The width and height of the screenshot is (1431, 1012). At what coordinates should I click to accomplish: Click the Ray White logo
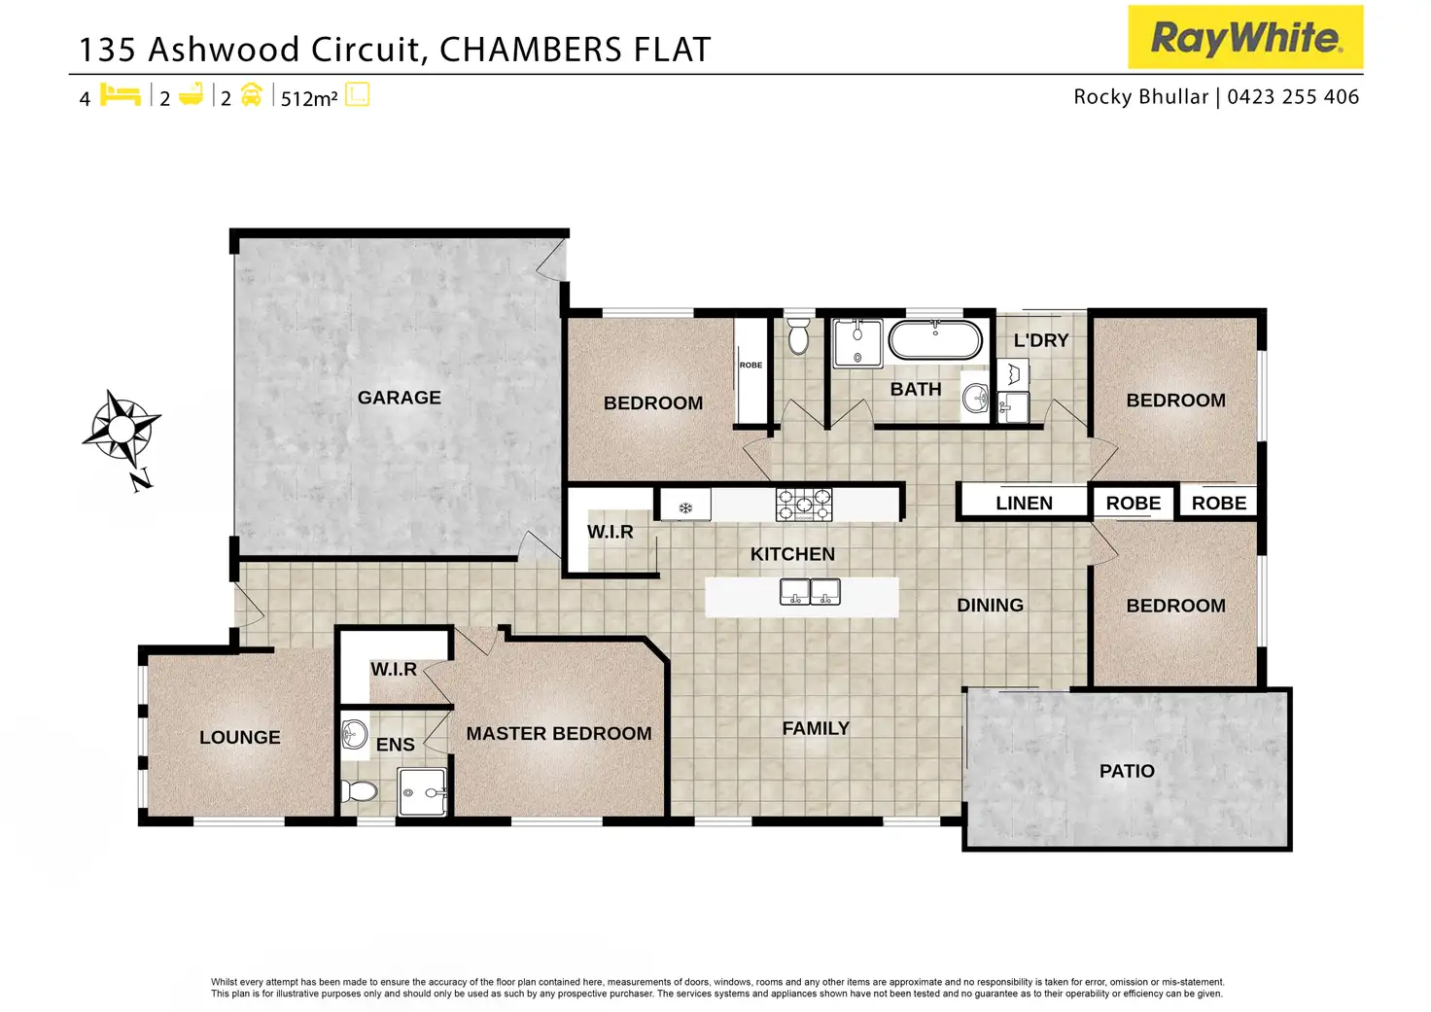(1245, 38)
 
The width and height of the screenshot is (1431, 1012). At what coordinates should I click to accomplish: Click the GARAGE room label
(399, 398)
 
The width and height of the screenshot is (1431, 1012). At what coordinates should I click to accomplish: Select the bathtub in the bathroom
(935, 340)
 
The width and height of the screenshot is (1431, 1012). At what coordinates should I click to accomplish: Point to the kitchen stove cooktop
(804, 505)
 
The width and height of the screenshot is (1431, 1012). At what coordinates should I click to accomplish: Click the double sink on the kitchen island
(810, 592)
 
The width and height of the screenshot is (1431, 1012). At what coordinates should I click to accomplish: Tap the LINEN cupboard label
(1024, 503)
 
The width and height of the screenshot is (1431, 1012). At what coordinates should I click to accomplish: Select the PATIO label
(1127, 771)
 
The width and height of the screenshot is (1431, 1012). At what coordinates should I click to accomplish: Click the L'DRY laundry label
(1040, 340)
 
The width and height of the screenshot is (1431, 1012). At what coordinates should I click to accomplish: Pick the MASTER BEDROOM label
(559, 734)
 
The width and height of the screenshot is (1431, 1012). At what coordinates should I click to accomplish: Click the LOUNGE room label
(239, 738)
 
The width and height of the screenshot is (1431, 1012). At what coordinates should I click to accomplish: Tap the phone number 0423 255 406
(1293, 97)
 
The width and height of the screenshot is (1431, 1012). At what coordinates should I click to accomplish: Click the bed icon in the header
(121, 95)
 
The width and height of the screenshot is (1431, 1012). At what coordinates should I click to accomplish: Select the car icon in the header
(251, 95)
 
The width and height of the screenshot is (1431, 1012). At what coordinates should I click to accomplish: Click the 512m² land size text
(309, 98)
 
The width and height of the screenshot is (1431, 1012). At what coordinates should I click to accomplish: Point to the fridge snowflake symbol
(685, 507)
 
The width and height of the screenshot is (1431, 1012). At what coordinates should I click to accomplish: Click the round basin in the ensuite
(355, 734)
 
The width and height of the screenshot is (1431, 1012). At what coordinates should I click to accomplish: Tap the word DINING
(990, 605)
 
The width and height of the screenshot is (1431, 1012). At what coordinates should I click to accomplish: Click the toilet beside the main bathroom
(798, 336)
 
